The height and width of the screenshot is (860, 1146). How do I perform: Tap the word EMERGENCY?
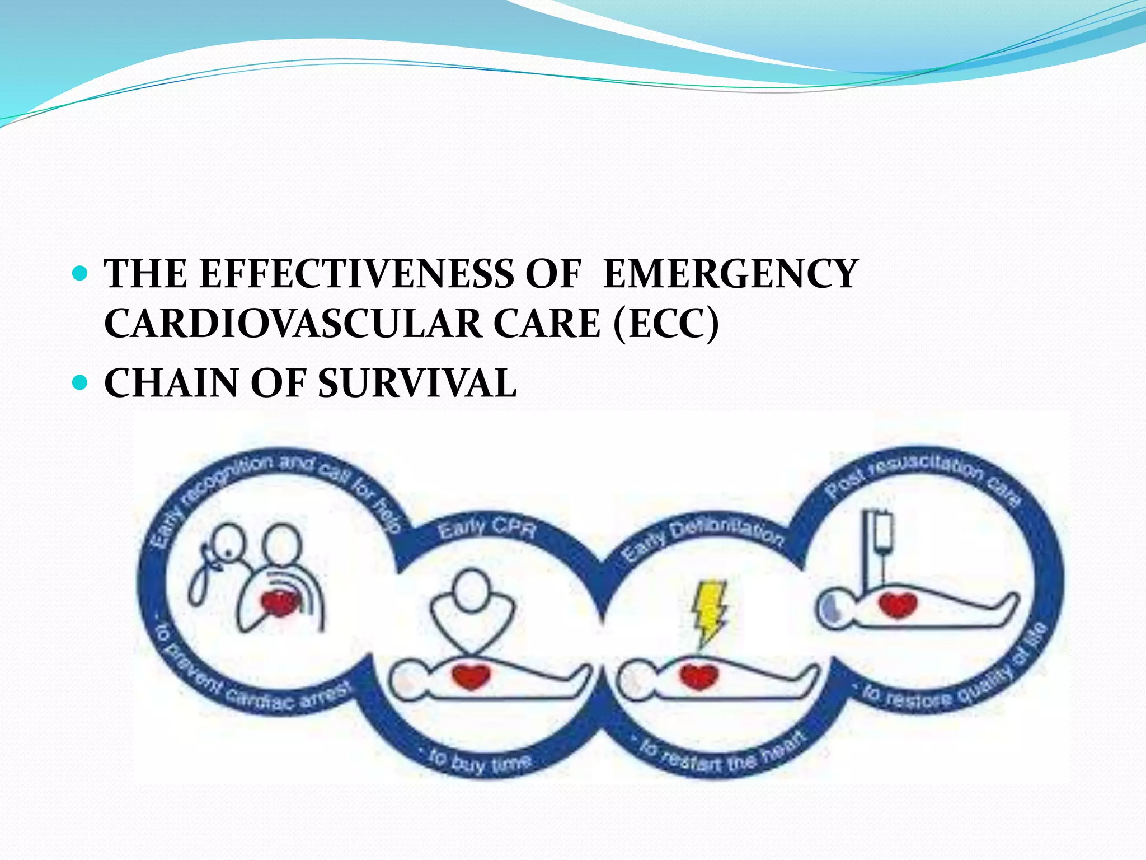(730, 274)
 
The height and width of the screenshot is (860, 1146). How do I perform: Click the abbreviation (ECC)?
(665, 324)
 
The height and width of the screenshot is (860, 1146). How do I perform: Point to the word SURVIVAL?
(417, 384)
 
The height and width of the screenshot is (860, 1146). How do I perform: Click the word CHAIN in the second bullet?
(172, 384)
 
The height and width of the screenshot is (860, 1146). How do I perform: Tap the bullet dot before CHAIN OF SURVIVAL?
(82, 384)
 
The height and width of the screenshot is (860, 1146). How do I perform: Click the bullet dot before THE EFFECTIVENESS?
(82, 274)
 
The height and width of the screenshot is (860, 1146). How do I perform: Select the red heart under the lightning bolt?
(699, 675)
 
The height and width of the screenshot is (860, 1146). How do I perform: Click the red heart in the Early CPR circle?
(471, 675)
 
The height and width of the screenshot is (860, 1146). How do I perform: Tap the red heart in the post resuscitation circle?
(898, 605)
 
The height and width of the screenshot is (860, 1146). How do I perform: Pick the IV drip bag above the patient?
(881, 531)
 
